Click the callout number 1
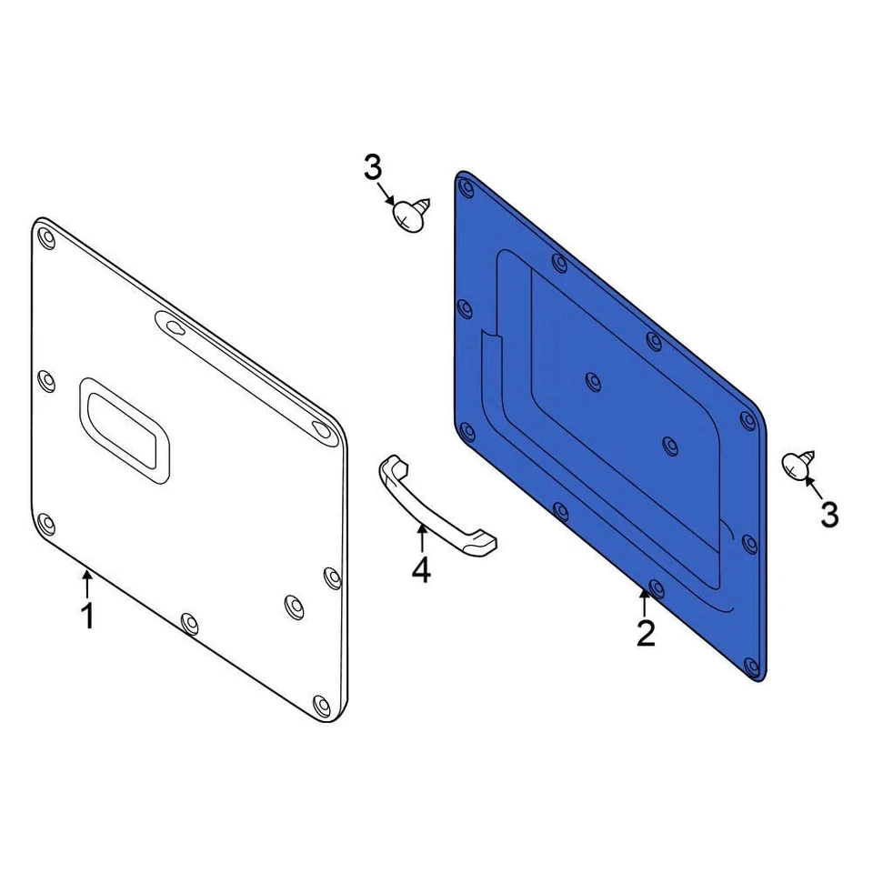[x=87, y=615]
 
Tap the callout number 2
[x=646, y=633]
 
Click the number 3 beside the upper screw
[x=373, y=167]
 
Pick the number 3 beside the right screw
[x=829, y=515]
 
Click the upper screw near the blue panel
[x=412, y=214]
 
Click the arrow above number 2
[x=645, y=601]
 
